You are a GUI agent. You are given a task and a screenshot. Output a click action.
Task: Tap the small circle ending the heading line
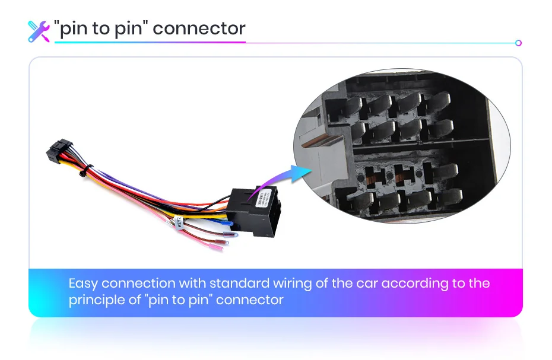pyautogui.click(x=518, y=43)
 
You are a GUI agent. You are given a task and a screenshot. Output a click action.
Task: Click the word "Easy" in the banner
pyautogui.click(x=83, y=283)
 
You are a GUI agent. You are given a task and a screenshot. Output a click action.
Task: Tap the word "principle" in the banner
pyautogui.click(x=96, y=300)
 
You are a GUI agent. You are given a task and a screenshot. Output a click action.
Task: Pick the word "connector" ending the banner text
pyautogui.click(x=249, y=300)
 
